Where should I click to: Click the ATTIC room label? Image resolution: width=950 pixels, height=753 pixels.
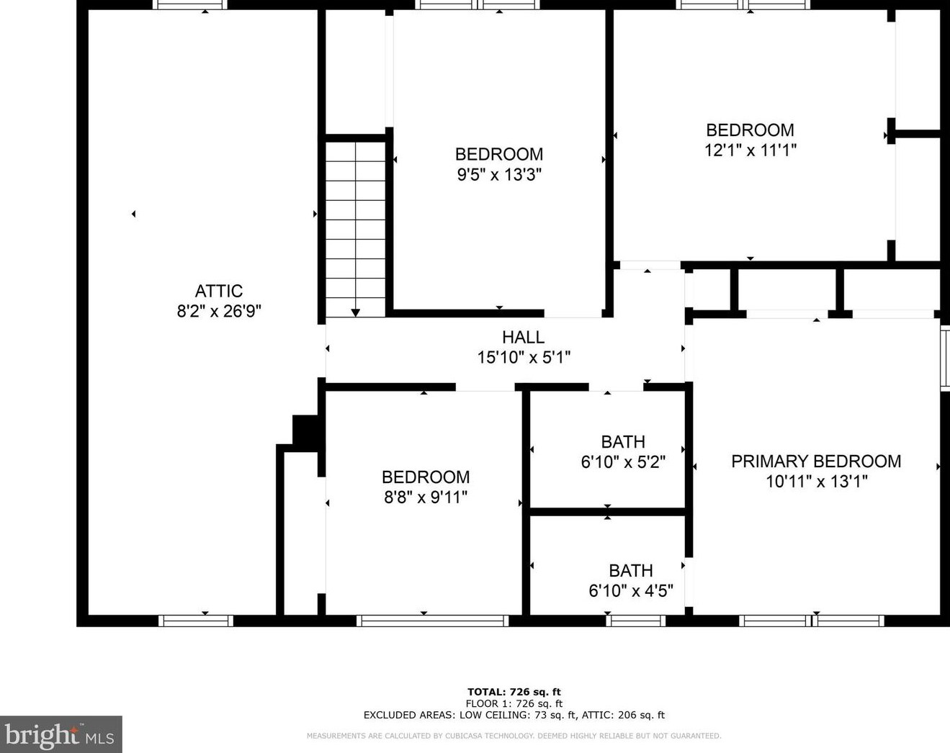[219, 292]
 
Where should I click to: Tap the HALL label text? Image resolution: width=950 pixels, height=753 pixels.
[523, 337]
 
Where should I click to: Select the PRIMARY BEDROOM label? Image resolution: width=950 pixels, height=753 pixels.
[816, 461]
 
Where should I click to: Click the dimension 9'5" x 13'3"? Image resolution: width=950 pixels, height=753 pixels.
[499, 175]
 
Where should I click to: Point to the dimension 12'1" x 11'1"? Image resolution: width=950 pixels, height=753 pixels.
[750, 150]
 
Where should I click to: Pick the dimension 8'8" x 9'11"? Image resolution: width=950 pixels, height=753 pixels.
[426, 497]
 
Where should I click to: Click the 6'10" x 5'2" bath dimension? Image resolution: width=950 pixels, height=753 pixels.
[623, 462]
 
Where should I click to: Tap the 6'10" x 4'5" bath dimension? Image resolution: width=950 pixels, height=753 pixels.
[631, 590]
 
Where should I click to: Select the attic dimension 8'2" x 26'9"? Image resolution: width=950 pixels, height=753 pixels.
[219, 312]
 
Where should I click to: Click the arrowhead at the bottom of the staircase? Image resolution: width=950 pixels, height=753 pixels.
[355, 312]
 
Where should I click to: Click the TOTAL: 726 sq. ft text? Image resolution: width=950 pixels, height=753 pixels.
[514, 692]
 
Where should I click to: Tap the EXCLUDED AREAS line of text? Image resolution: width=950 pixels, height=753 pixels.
[514, 715]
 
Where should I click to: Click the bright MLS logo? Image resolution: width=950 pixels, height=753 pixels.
[61, 735]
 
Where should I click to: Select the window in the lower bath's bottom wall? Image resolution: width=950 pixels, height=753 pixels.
[635, 621]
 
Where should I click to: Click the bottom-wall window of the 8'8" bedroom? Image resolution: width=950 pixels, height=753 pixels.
[433, 621]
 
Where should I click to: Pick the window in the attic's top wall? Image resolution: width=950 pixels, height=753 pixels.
[190, 4]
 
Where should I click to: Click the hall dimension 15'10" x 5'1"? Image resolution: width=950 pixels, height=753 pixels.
[524, 357]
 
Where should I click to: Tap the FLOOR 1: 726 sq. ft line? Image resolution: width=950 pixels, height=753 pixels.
[514, 703]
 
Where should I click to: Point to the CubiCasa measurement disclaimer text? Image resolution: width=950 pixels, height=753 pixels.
[514, 736]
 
